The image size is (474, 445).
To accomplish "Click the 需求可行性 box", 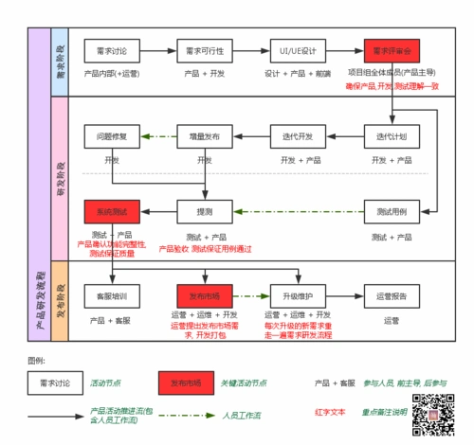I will tap(204, 49).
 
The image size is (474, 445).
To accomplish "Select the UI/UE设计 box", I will tap(297, 49).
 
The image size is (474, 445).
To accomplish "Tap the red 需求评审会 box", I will tap(390, 49).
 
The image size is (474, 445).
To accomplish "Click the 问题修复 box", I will tap(111, 136).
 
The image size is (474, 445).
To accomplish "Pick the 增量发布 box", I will tap(204, 136).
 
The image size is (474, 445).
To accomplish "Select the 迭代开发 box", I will tap(297, 136).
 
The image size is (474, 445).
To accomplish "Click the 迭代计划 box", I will tap(390, 136).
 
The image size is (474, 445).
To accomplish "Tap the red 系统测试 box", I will tap(111, 210).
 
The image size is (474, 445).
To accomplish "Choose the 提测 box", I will tap(204, 210).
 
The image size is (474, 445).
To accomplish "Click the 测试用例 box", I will tap(390, 210).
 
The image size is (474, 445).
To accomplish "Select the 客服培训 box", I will tap(111, 295).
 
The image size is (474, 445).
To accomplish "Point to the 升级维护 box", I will tap(297, 295).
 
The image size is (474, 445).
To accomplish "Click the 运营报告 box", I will tap(390, 295).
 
